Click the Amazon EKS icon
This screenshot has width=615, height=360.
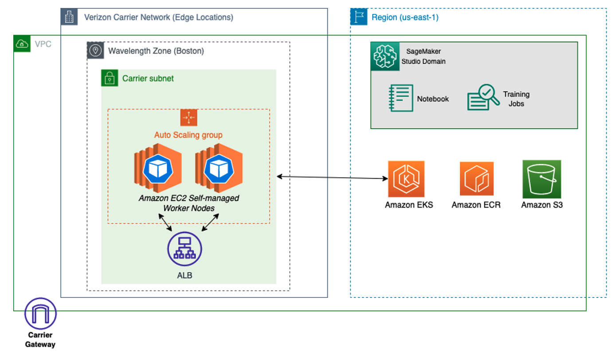click(406, 179)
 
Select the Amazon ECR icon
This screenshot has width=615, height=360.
click(476, 179)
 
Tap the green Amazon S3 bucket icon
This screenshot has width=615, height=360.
click(541, 179)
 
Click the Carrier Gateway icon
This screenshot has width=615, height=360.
click(40, 313)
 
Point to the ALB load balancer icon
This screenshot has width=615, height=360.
click(184, 249)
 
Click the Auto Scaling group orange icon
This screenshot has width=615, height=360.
click(189, 117)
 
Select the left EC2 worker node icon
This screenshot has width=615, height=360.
click(157, 168)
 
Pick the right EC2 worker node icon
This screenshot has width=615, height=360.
click(219, 168)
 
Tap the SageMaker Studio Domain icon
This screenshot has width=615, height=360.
click(384, 56)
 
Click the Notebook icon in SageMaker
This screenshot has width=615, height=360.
click(401, 98)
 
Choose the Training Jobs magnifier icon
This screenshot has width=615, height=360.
click(483, 98)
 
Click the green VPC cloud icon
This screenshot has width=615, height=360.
click(22, 44)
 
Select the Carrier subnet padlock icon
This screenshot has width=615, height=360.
click(109, 78)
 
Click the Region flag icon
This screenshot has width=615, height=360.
click(359, 17)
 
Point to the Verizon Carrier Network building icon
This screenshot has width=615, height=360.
click(69, 17)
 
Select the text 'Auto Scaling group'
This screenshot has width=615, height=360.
click(188, 135)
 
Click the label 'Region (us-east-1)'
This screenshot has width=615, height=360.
click(405, 18)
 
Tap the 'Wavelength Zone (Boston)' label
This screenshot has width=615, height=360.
click(156, 51)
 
